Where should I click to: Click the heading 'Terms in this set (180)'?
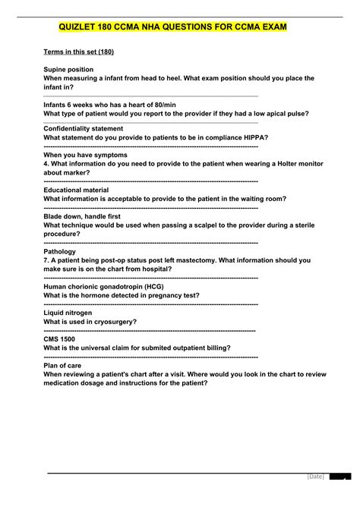click(79, 52)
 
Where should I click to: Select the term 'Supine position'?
click(69, 69)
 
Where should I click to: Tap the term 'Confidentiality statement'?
click(84, 128)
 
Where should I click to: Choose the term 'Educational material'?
click(76, 190)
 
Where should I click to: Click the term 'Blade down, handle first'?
click(84, 216)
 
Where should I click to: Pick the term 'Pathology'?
click(60, 251)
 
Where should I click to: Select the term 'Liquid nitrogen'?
click(68, 313)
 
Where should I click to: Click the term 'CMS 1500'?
click(60, 339)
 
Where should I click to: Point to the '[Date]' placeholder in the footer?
click(316, 497)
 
